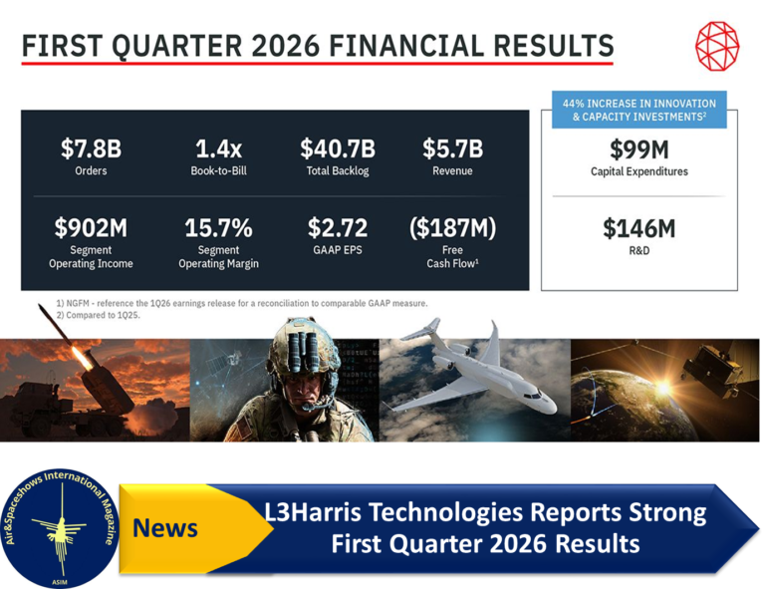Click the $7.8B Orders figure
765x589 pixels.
pyautogui.click(x=92, y=148)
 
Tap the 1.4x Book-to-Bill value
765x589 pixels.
pyautogui.click(x=218, y=148)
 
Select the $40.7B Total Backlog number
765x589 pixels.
pyautogui.click(x=338, y=148)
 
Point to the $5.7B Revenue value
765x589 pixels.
pyautogui.click(x=453, y=148)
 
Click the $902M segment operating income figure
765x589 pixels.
pyautogui.click(x=91, y=227)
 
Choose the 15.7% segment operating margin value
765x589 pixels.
pyautogui.click(x=218, y=227)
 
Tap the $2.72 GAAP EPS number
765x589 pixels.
pyautogui.click(x=338, y=227)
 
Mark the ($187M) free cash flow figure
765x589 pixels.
pyautogui.click(x=453, y=227)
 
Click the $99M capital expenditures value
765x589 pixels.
pyautogui.click(x=639, y=149)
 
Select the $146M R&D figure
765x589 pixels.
pyautogui.click(x=639, y=228)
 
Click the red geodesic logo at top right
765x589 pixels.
pyautogui.click(x=717, y=46)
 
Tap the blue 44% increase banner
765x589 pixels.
pyautogui.click(x=639, y=110)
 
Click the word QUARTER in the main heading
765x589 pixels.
pyautogui.click(x=176, y=47)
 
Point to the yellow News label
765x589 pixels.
pyautogui.click(x=165, y=528)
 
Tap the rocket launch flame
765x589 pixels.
pyautogui.click(x=82, y=358)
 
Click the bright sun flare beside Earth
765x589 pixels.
pyautogui.click(x=663, y=389)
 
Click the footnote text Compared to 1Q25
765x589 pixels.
pyautogui.click(x=103, y=315)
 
